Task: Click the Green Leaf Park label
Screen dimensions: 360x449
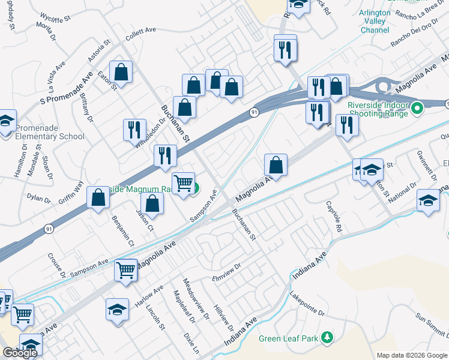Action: coord(288,338)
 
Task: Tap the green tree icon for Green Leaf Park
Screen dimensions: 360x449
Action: coord(327,338)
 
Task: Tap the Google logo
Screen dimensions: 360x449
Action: coord(20,353)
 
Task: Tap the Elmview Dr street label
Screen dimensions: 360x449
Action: coord(226,272)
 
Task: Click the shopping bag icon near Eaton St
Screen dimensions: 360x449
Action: coord(121,73)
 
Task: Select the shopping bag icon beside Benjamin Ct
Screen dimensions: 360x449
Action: coord(98,198)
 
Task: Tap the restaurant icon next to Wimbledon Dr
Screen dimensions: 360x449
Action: coord(134,130)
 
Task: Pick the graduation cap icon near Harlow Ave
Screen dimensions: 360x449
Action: coord(118,310)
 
